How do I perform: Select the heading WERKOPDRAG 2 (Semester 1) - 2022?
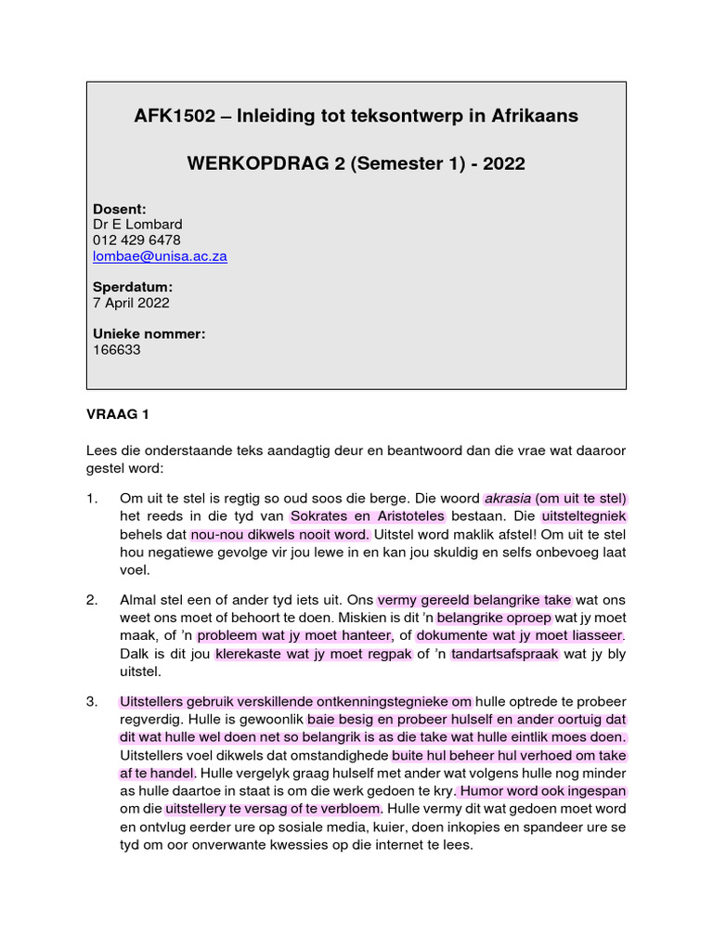[356, 164]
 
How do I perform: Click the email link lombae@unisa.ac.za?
[160, 256]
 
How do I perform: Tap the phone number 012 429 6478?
[136, 241]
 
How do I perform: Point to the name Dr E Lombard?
[137, 225]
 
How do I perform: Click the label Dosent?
[120, 209]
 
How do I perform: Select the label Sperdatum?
[133, 287]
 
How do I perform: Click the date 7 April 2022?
[131, 303]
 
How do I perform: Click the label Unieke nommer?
[149, 334]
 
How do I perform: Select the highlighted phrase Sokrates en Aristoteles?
[367, 516]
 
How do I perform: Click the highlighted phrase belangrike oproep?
[494, 618]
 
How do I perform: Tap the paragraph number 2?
[92, 600]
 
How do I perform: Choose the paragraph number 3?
[92, 701]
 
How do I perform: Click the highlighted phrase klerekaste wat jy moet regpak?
[312, 654]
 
